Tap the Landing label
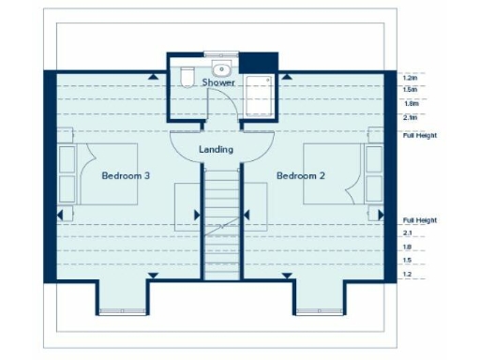coord(217,150)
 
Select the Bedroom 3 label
coord(127,175)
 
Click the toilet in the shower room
coord(187,77)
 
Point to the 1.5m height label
coord(409,89)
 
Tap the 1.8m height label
coord(409,103)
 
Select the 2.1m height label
coord(409,117)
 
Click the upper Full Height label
coord(420,136)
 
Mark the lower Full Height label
coord(420,220)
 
